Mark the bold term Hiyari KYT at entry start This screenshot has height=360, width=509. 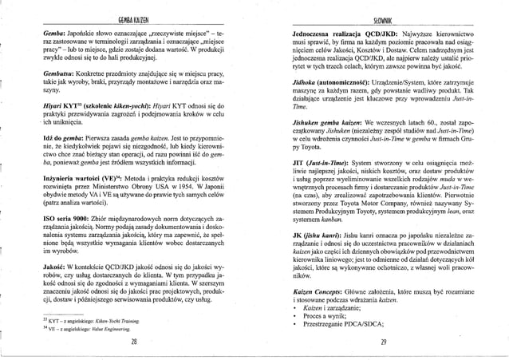click(61, 105)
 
